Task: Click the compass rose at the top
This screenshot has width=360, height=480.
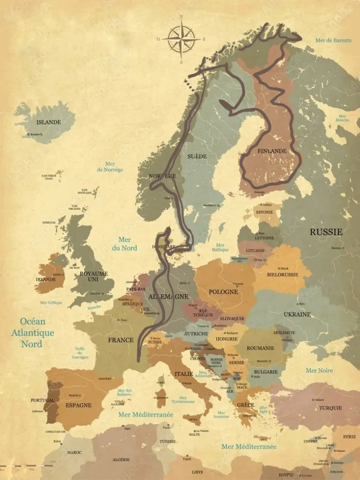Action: click(x=181, y=39)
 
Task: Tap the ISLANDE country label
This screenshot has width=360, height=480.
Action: click(x=49, y=122)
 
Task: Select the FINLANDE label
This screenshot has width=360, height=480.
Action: click(x=272, y=151)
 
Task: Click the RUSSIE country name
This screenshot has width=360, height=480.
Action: click(x=326, y=232)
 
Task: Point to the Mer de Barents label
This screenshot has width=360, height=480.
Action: click(x=333, y=41)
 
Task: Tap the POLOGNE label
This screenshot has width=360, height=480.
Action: click(x=223, y=292)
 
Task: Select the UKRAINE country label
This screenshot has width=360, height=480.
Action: click(x=297, y=314)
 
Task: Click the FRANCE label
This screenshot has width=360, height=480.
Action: click(x=121, y=340)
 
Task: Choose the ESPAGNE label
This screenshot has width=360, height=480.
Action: click(x=79, y=405)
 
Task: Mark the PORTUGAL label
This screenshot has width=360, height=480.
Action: click(x=42, y=400)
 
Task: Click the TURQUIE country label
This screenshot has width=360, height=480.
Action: click(x=331, y=408)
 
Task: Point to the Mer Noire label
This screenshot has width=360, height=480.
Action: click(x=319, y=371)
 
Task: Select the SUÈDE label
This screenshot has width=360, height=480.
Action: click(x=197, y=156)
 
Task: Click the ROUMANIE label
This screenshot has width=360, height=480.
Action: click(x=260, y=348)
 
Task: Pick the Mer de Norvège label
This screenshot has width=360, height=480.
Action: click(x=110, y=167)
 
